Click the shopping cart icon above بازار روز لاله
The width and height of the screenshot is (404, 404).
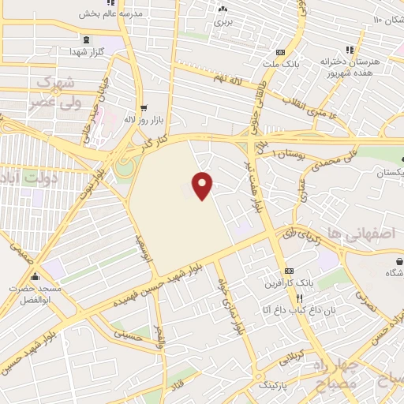click(142, 109)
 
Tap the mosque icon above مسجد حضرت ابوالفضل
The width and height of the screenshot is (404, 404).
click(35, 277)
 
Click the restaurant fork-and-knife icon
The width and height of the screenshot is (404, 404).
click(299, 298)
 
